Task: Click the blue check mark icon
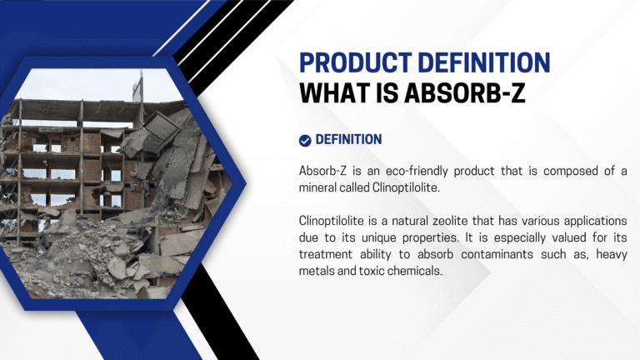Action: click(305, 140)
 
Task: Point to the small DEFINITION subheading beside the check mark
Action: click(348, 140)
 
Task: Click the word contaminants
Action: click(483, 254)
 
